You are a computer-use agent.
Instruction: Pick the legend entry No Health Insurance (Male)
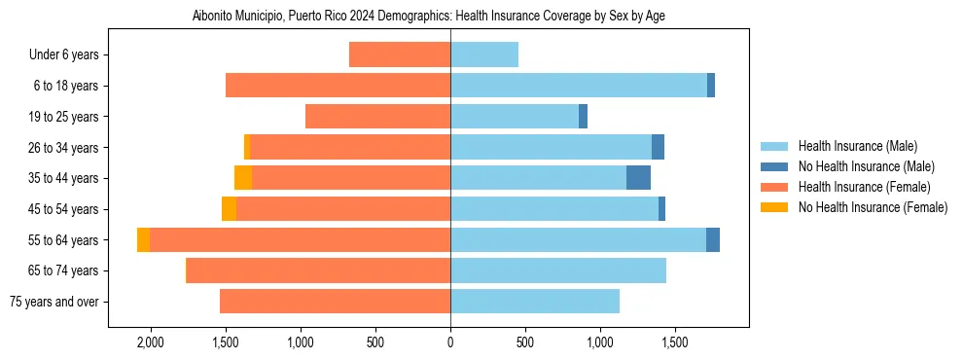[866, 166]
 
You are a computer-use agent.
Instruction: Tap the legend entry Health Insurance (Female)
[864, 187]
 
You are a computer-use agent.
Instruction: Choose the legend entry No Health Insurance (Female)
[873, 207]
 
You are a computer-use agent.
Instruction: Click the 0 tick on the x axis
[450, 343]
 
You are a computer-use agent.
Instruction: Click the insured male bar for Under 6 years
[484, 55]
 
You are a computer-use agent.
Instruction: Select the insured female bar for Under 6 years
[400, 55]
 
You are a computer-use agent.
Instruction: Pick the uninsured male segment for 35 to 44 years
[638, 178]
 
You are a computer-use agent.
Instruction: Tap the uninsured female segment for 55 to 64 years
[144, 239]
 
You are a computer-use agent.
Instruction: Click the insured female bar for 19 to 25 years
[377, 117]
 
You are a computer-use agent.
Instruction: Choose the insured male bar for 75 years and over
[535, 302]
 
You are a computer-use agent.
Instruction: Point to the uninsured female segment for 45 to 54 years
[230, 209]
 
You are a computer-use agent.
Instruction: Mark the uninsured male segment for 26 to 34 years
[658, 147]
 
